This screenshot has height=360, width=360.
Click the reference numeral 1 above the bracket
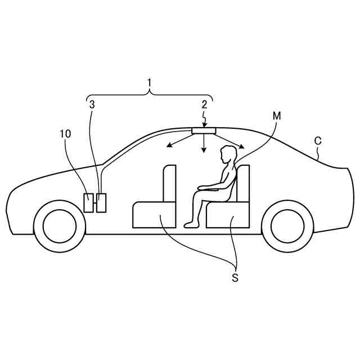coord(149,83)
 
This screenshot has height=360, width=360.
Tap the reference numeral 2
coord(205,103)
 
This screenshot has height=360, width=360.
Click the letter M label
coord(276,115)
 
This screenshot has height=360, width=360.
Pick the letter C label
coord(318,141)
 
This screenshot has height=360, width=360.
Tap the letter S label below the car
coord(235,278)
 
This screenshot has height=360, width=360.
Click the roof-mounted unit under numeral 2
coord(204,131)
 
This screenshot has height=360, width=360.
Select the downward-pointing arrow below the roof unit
coord(204,146)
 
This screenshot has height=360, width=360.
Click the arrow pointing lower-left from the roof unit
coord(175,143)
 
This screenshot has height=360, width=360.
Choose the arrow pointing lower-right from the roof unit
coord(235,143)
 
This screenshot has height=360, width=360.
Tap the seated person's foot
coord(191,224)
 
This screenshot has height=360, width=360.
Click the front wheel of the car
coord(60,226)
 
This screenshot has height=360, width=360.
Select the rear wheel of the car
coord(287,226)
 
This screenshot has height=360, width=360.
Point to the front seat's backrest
coord(169,183)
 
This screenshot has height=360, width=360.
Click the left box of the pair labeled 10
coord(88,202)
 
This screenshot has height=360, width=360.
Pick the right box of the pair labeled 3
coord(101,202)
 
